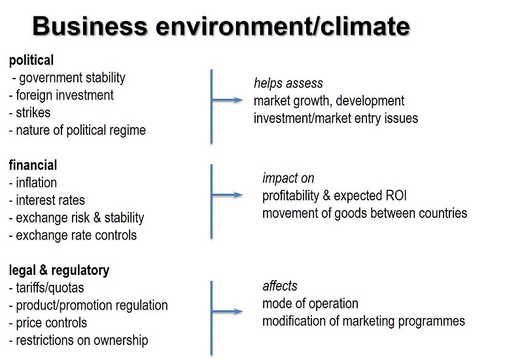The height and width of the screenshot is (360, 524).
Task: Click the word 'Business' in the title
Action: [x=90, y=26]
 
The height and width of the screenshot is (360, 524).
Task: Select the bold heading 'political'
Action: [x=31, y=60]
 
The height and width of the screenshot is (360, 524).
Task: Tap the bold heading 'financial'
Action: [x=33, y=165]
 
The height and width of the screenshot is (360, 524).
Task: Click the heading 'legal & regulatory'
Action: [x=59, y=271]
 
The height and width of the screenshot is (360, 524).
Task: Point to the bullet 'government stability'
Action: [x=72, y=78]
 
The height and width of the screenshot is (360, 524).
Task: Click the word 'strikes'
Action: [x=33, y=113]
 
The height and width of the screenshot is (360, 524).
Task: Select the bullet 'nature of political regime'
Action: [x=81, y=130]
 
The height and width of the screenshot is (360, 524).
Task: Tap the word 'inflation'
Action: [x=37, y=183]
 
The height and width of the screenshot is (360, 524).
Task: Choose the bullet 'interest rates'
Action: [x=50, y=200]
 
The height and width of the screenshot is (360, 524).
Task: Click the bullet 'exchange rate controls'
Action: [x=76, y=236]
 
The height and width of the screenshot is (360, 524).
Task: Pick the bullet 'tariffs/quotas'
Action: [x=50, y=288]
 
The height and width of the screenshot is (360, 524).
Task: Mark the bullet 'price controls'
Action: [x=52, y=323]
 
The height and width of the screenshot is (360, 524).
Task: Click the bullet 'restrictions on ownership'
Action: [x=82, y=340]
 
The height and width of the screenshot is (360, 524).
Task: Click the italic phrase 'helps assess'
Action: [x=288, y=83]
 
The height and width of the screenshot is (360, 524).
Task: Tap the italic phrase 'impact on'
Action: [x=288, y=178]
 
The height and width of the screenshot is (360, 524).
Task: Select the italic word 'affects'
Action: [x=280, y=286]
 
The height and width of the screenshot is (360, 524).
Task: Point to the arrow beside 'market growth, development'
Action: [x=227, y=99]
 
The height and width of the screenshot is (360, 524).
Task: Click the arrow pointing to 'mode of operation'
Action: [x=227, y=312]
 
